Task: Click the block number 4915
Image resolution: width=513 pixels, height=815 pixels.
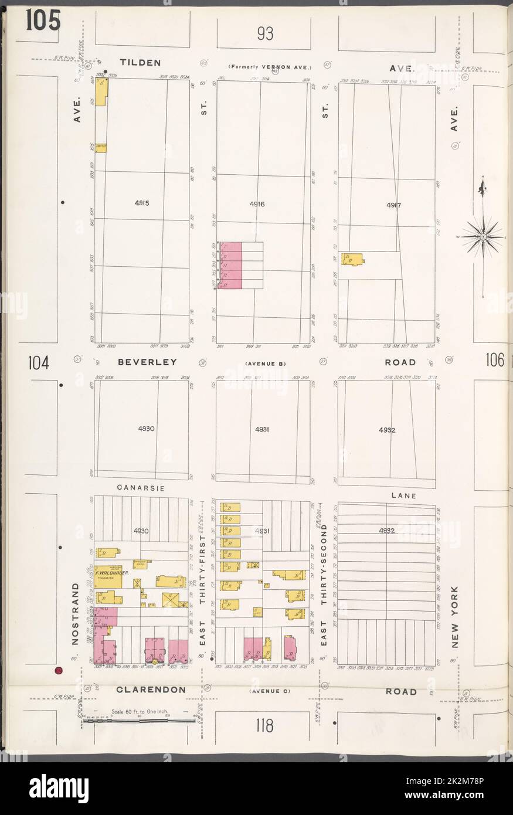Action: pyautogui.click(x=142, y=203)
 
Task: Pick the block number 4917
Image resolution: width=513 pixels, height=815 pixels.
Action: pyautogui.click(x=393, y=205)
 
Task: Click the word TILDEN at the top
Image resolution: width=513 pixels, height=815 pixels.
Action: pyautogui.click(x=140, y=62)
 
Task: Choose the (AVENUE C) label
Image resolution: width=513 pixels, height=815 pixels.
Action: pyautogui.click(x=270, y=691)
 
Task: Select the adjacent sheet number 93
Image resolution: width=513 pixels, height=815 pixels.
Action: pyautogui.click(x=264, y=35)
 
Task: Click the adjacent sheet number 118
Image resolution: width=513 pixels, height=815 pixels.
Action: pyautogui.click(x=264, y=726)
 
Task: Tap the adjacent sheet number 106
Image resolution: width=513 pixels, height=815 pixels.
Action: pyautogui.click(x=494, y=361)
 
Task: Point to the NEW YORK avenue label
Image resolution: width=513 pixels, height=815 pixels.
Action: pyautogui.click(x=457, y=616)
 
